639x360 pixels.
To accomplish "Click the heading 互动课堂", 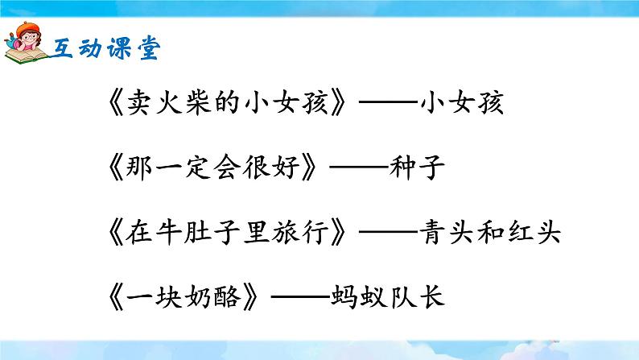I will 107,48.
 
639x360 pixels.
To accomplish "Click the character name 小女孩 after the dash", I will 465,104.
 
